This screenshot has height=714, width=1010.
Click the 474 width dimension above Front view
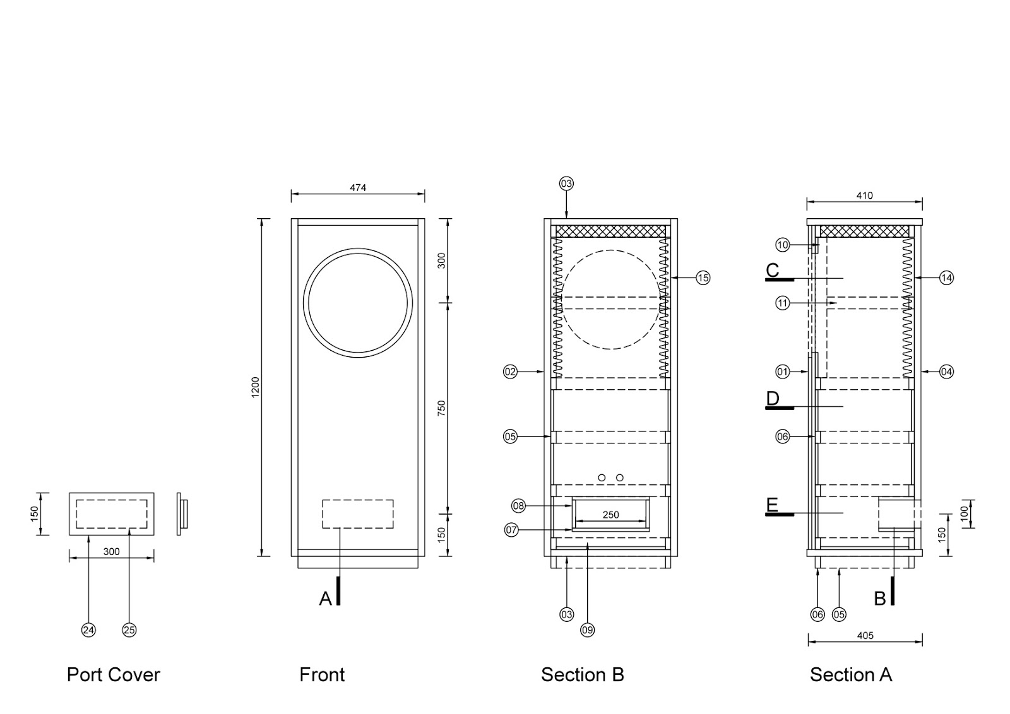click(358, 187)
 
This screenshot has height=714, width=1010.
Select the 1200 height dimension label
click(256, 387)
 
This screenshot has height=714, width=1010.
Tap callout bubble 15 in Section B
click(703, 278)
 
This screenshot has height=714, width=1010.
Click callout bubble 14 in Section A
click(946, 278)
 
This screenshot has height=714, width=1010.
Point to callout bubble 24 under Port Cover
click(88, 629)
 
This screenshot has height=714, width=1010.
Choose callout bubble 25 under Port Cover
click(129, 629)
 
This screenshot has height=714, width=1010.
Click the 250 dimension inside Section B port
click(610, 515)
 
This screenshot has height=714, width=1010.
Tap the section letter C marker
click(773, 271)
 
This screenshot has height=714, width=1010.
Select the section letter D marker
click(773, 399)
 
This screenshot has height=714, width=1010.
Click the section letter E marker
click(771, 505)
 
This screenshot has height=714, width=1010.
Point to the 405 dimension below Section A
click(865, 635)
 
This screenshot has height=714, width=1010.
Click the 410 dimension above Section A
click(864, 196)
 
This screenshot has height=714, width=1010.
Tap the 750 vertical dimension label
click(442, 408)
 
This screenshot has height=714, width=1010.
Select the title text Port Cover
click(114, 675)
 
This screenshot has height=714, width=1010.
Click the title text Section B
click(582, 675)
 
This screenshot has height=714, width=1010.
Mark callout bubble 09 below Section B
click(587, 629)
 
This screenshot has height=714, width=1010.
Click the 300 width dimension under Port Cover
click(111, 551)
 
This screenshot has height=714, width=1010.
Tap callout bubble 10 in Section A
click(782, 245)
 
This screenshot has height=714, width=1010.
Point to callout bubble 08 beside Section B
click(518, 506)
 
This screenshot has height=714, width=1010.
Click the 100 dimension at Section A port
click(964, 513)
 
